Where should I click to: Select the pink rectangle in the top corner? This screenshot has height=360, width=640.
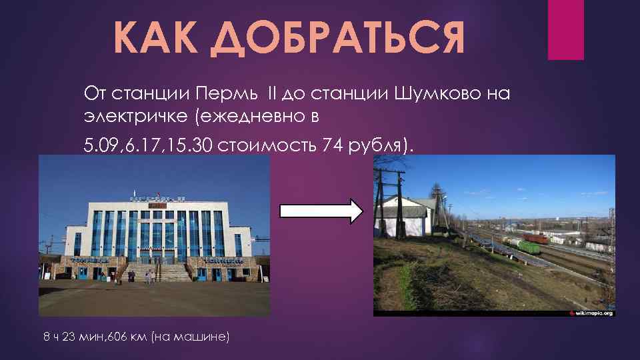pyautogui.click(x=565, y=29)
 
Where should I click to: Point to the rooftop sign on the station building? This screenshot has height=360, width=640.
pyautogui.click(x=157, y=198)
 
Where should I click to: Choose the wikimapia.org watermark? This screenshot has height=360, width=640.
pyautogui.click(x=591, y=312)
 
